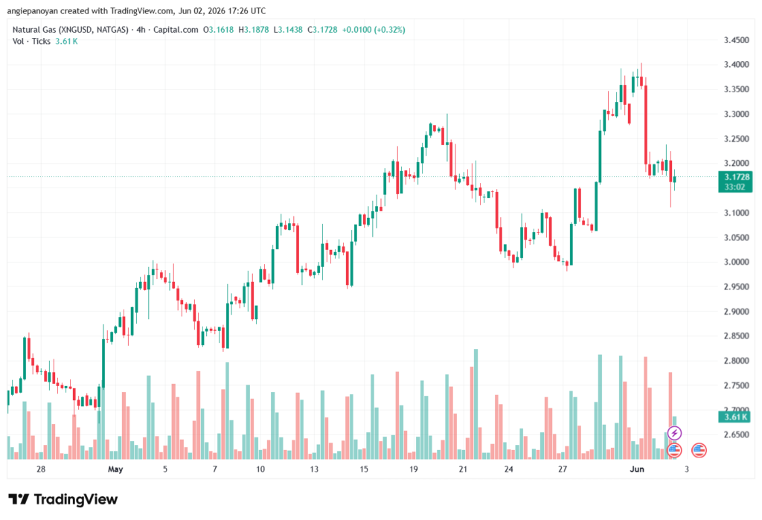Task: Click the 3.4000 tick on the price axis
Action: point(736,65)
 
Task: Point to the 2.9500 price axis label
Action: point(736,286)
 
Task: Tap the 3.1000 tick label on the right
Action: point(736,213)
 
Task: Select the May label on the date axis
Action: point(115,469)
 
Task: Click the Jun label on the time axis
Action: point(637,469)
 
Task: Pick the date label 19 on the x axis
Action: point(414,469)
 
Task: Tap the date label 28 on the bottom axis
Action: point(41,469)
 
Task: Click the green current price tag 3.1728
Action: point(734,177)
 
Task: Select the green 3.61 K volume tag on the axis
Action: point(734,417)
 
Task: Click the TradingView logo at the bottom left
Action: point(63,499)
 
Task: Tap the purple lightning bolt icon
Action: point(674,432)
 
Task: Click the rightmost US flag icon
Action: point(699,450)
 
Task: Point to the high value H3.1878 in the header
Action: point(254,30)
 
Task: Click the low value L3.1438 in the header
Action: point(288,30)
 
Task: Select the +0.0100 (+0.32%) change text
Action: point(374,30)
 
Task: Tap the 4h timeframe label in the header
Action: point(141,30)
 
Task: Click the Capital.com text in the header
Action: point(176,30)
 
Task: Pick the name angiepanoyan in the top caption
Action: point(32,10)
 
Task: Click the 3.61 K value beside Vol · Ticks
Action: point(66,42)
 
